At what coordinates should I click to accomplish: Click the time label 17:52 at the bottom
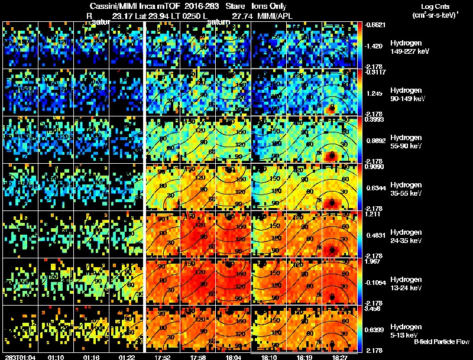161,356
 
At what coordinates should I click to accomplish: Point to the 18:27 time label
339,356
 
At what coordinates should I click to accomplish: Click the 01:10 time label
56,356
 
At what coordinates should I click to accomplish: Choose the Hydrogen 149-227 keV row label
405,47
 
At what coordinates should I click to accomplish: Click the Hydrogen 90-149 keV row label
405,95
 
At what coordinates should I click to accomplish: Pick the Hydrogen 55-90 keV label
405,141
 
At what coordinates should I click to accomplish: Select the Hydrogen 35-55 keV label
405,189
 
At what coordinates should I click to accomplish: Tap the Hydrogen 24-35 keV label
405,236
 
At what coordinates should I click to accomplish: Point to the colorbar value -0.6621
376,25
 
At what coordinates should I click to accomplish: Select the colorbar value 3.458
376,309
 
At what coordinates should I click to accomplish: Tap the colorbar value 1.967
376,261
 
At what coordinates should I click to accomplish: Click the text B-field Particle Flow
441,342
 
